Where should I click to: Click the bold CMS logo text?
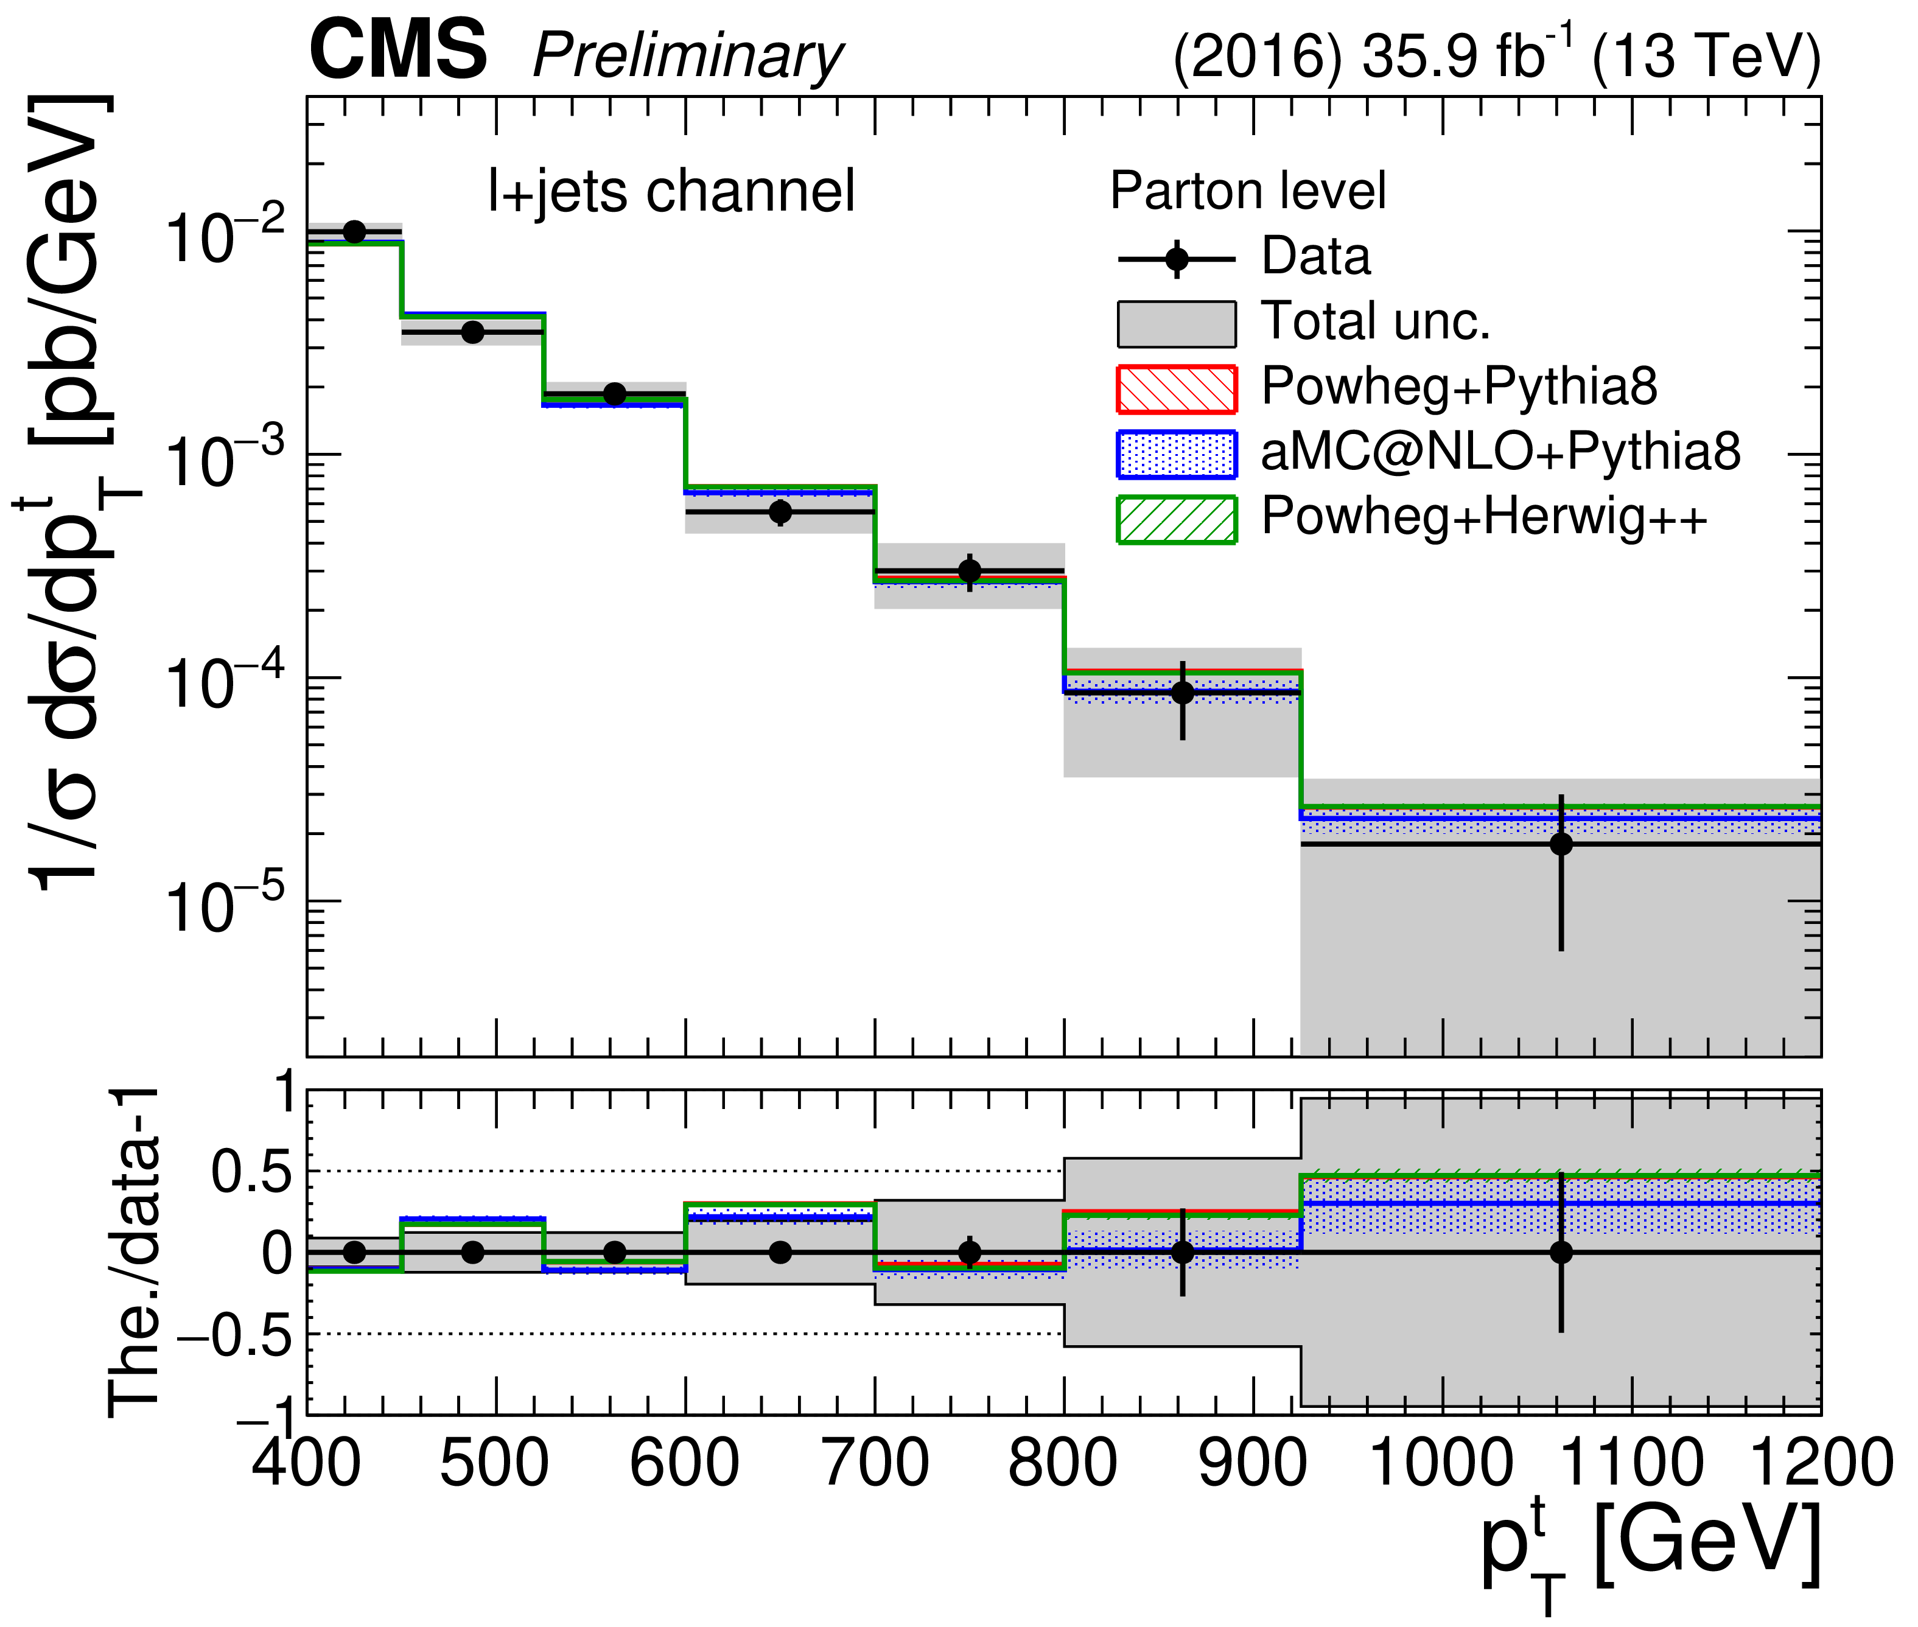(398, 52)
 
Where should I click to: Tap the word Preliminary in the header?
(688, 57)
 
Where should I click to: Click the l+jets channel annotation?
(671, 192)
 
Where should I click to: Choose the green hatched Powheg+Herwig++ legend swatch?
(1176, 519)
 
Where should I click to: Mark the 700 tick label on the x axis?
(874, 1464)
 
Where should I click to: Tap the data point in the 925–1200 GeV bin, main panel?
(1560, 844)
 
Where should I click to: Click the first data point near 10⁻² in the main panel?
(354, 231)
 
